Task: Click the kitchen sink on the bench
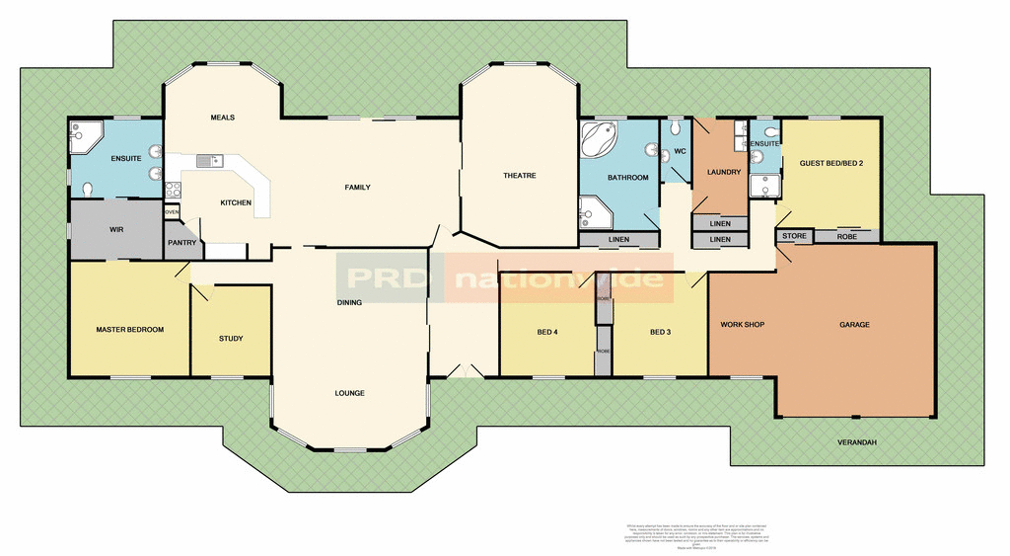(x=209, y=160)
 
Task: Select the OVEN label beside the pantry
(x=172, y=212)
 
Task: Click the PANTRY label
(x=181, y=242)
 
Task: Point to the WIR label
(x=115, y=229)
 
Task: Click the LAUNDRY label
(x=724, y=173)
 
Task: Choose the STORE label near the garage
(x=794, y=237)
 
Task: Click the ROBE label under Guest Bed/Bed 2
(x=846, y=237)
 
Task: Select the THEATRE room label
(x=519, y=176)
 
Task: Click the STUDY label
(x=231, y=339)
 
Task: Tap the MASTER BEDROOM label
(x=129, y=329)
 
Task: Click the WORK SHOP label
(x=743, y=324)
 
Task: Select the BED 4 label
(x=547, y=332)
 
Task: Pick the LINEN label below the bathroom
(x=618, y=240)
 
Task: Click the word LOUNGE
(x=349, y=393)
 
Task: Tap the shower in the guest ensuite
(x=763, y=187)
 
